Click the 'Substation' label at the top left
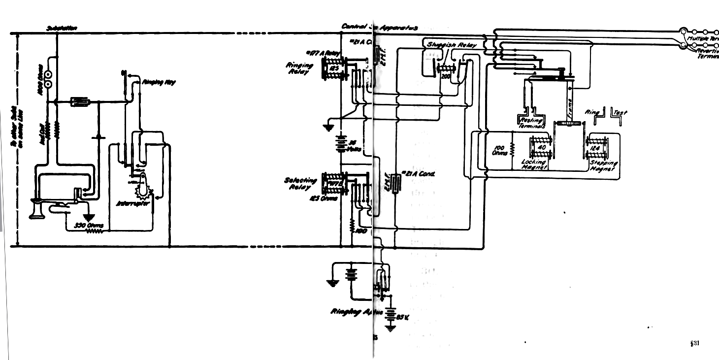pyautogui.click(x=62, y=29)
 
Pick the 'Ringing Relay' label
pyautogui.click(x=299, y=68)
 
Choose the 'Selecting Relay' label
pyautogui.click(x=298, y=184)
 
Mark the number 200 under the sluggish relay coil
pyautogui.click(x=446, y=76)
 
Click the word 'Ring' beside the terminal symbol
pyautogui.click(x=590, y=113)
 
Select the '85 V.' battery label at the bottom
pyautogui.click(x=403, y=317)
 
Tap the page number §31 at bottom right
pyautogui.click(x=695, y=343)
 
